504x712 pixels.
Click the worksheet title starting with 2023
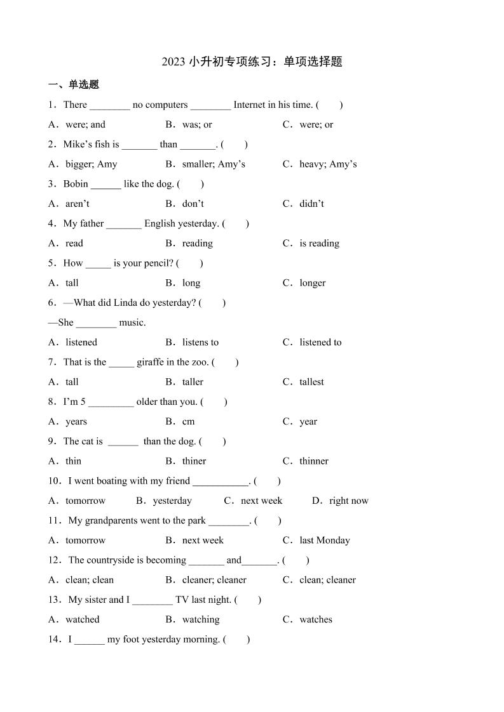click(252, 62)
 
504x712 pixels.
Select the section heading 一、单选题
click(74, 84)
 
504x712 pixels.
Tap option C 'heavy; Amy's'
click(328, 164)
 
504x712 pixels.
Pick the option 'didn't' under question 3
click(311, 204)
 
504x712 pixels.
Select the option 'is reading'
click(319, 243)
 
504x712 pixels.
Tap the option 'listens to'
click(200, 342)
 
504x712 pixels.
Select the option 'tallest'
click(311, 382)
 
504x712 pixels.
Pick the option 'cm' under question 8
click(188, 421)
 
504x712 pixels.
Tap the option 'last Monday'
click(325, 541)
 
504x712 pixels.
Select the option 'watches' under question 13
click(316, 619)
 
